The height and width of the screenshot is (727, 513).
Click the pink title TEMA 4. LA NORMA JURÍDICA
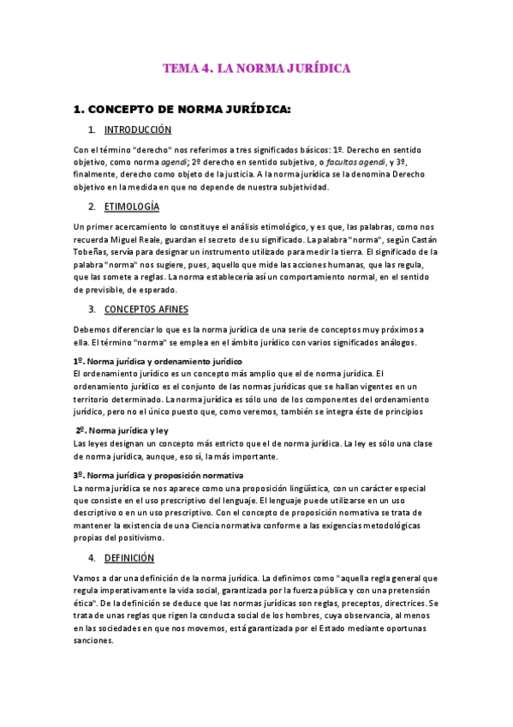tap(257, 69)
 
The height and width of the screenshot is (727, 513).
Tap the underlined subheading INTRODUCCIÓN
tap(138, 130)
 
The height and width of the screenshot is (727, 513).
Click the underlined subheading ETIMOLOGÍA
tap(131, 207)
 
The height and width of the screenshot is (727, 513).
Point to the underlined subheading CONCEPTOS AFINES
tap(146, 309)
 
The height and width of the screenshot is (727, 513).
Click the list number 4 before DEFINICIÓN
tap(92, 557)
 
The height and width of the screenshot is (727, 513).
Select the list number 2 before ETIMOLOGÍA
tap(92, 207)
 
